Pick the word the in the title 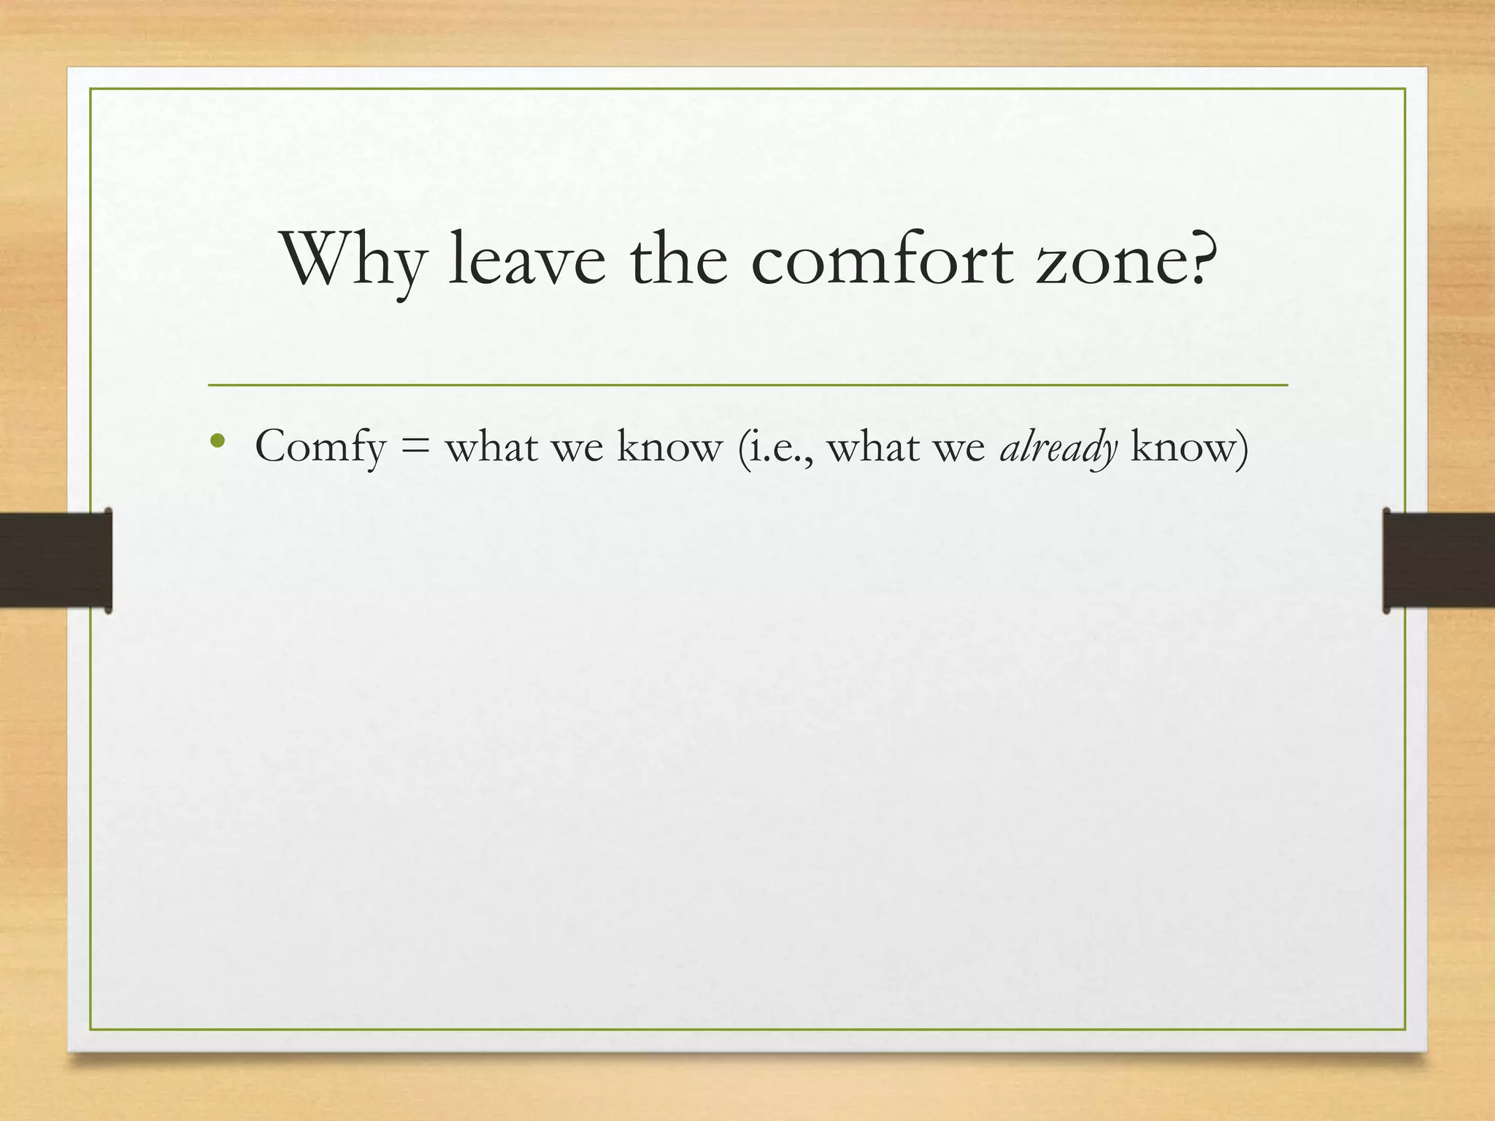click(x=679, y=260)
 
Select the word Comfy click(x=320, y=447)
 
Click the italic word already click(x=1058, y=447)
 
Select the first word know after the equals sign click(x=669, y=447)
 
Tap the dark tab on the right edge click(x=1438, y=560)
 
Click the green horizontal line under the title click(x=747, y=385)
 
